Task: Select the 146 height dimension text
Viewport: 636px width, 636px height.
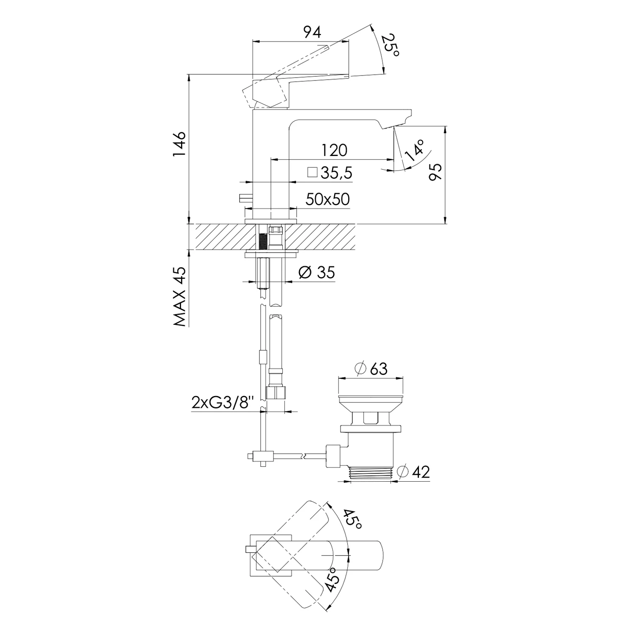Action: coord(179,144)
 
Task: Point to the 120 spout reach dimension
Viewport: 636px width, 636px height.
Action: coord(334,150)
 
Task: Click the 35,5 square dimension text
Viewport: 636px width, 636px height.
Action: coord(337,173)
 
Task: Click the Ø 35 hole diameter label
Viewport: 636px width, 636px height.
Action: coord(317,272)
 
